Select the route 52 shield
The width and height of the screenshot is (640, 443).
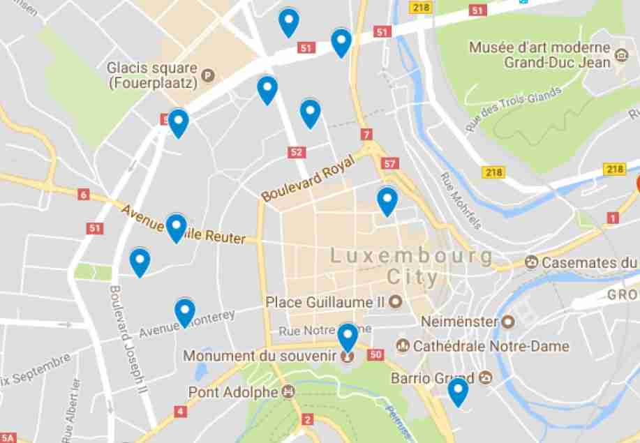(x=297, y=151)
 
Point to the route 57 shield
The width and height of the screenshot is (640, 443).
(x=389, y=164)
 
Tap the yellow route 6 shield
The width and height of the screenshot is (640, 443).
(x=84, y=195)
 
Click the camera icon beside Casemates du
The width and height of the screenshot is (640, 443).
(x=533, y=262)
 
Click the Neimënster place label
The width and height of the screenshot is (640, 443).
(x=459, y=322)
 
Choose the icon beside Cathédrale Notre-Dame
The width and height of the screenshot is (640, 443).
(x=403, y=345)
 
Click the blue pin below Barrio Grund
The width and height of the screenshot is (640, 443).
(x=458, y=391)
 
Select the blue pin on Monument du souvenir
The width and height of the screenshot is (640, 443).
(x=348, y=338)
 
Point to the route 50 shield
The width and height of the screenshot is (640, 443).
(x=376, y=355)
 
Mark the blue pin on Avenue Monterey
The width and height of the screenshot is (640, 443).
(x=185, y=312)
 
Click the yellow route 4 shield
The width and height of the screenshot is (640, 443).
(x=181, y=412)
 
